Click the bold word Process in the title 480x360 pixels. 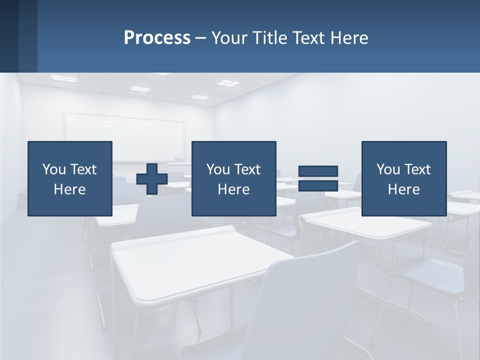tap(157, 38)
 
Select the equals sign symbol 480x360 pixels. tap(318, 178)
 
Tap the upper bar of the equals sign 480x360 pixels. tap(318, 171)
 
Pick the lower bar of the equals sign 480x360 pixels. tap(318, 185)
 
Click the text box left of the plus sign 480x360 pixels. tap(70, 178)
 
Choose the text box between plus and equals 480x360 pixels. tap(233, 178)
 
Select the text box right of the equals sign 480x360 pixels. tap(404, 178)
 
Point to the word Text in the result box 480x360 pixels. tap(417, 169)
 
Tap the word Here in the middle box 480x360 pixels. tap(233, 189)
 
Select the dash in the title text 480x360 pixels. tap(201, 38)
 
